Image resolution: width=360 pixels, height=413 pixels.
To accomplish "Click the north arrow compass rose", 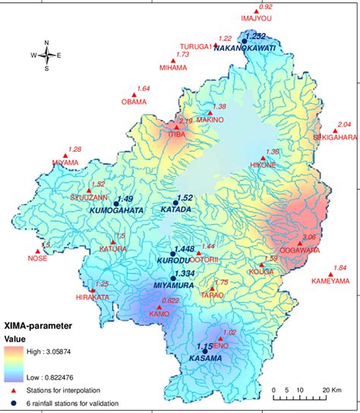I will pyautogui.click(x=46, y=55).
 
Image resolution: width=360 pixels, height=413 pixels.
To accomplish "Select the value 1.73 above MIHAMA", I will pyautogui.click(x=182, y=55).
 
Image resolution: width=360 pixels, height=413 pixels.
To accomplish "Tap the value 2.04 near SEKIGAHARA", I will pyautogui.click(x=343, y=124).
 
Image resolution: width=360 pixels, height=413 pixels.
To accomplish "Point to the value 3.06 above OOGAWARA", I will pyautogui.click(x=308, y=237).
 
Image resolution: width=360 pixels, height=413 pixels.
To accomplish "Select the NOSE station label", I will pyautogui.click(x=37, y=258).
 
